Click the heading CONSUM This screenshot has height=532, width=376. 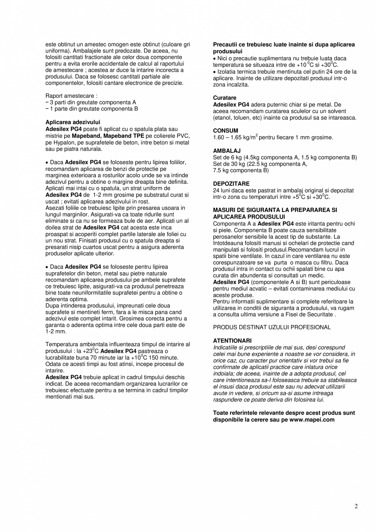(226, 131)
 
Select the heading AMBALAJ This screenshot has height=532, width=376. (227, 151)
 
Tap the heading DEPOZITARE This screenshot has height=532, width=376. (231, 184)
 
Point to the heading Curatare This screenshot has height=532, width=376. (225, 98)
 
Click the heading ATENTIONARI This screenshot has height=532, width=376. (232, 340)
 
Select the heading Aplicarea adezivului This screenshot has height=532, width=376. (73, 122)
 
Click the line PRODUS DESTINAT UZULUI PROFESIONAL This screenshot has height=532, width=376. (272, 327)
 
